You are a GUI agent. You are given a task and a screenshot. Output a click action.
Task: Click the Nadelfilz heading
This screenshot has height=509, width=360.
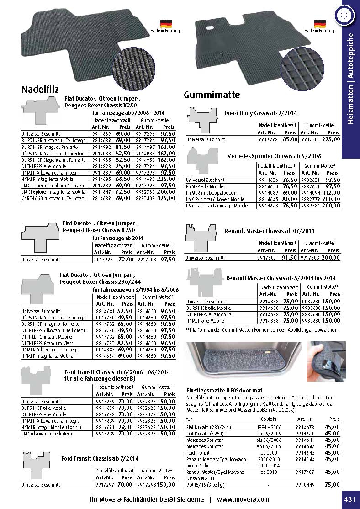(x=40, y=89)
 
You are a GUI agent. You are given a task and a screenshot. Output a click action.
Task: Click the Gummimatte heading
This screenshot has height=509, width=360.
(x=212, y=95)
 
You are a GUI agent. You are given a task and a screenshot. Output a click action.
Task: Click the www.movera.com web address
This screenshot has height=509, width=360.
(x=243, y=499)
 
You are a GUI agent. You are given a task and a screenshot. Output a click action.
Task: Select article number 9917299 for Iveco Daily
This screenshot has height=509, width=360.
(x=267, y=139)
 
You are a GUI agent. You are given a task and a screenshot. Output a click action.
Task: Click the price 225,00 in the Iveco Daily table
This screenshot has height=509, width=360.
(x=331, y=139)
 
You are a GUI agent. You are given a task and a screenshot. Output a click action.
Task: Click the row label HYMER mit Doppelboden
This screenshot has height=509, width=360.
(x=209, y=193)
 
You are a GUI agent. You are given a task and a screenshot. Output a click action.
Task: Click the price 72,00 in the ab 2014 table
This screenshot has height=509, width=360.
(x=126, y=259)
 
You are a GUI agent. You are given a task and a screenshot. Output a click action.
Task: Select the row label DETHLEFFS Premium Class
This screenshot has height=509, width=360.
(x=47, y=343)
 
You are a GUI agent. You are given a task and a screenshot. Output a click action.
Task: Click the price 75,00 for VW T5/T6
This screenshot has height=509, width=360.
(x=332, y=484)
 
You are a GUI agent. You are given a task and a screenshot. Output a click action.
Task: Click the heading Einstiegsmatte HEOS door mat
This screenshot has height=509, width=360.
(x=224, y=390)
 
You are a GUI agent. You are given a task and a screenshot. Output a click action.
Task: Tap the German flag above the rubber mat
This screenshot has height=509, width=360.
(x=320, y=23)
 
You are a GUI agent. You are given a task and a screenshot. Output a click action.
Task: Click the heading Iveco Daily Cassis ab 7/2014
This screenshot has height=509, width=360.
(x=261, y=112)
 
